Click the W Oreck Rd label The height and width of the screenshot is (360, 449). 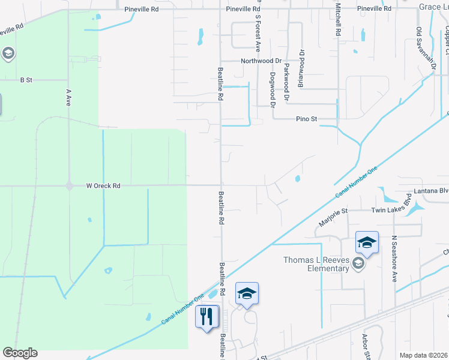tap(103, 186)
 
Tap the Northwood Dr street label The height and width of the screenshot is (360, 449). tap(261, 61)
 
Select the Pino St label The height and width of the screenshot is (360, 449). tap(306, 119)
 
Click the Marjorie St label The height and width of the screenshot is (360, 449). tap(334, 217)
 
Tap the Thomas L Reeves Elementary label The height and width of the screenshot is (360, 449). tap(316, 264)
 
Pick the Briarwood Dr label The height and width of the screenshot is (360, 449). tap(301, 69)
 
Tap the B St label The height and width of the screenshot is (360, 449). tap(25, 79)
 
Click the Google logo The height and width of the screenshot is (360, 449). tap(20, 353)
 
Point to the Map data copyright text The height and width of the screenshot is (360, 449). tap(424, 356)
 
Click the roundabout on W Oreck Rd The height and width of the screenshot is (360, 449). tap(70, 186)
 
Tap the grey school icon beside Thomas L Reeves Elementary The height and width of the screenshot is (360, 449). tap(358, 263)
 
